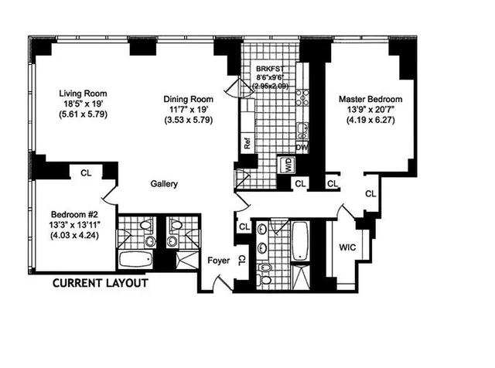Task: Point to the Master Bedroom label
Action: pos(370,100)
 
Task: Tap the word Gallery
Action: pos(163,184)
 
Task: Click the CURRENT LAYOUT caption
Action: pos(100,283)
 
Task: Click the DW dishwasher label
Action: pos(302,147)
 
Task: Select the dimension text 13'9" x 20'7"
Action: pos(370,111)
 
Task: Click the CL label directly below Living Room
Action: pos(85,173)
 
